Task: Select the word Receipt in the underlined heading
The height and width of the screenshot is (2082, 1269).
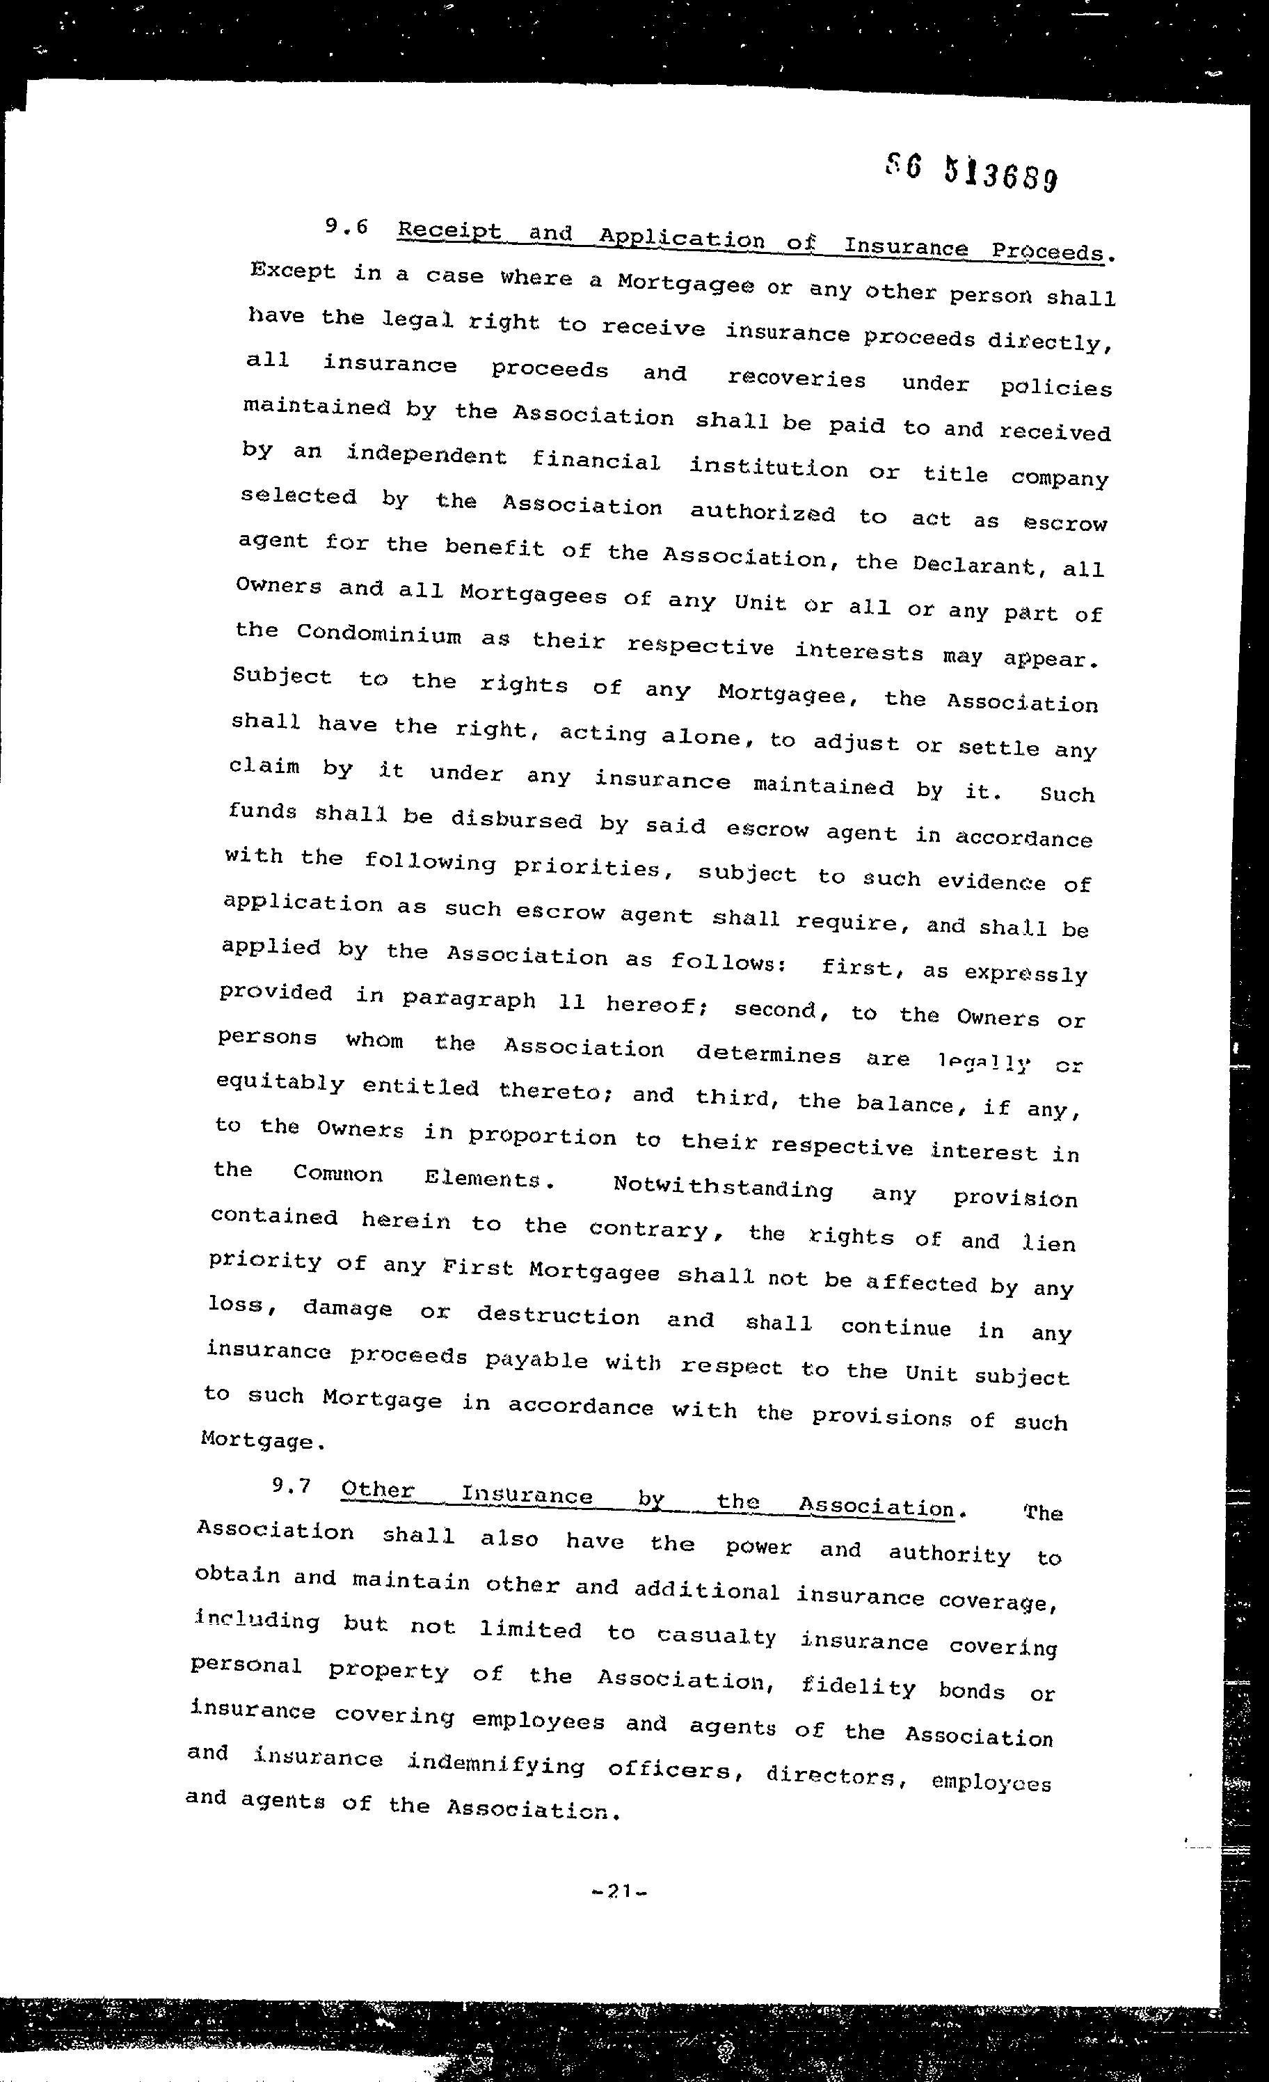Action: [x=449, y=232]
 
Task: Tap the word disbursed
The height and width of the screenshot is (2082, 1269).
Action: [x=516, y=819]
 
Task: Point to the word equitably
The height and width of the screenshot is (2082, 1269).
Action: [x=280, y=1083]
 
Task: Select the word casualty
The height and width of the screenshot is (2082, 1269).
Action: [x=717, y=1637]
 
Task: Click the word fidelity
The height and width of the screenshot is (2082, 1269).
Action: [x=858, y=1687]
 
